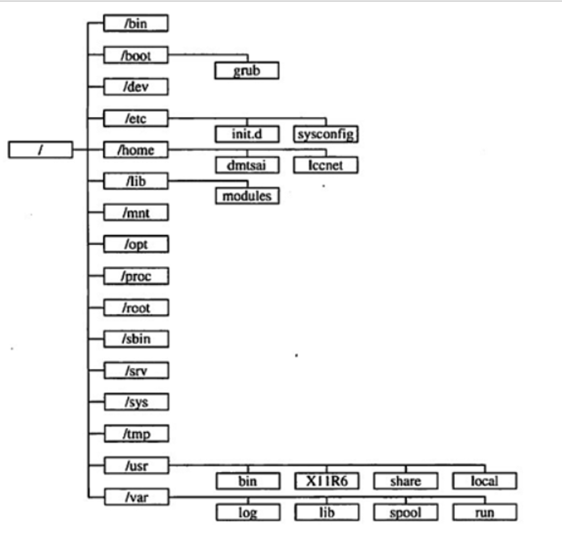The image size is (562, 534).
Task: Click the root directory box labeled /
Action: pos(40,150)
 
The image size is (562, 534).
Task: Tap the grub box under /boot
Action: pos(246,71)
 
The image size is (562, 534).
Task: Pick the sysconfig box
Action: pos(326,133)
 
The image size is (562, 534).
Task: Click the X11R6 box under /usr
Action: pos(326,481)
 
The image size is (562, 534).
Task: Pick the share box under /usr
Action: pos(405,481)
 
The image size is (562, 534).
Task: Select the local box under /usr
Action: pos(485,481)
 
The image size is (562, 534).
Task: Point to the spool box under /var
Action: pos(405,512)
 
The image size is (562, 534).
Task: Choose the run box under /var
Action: pos(485,512)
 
